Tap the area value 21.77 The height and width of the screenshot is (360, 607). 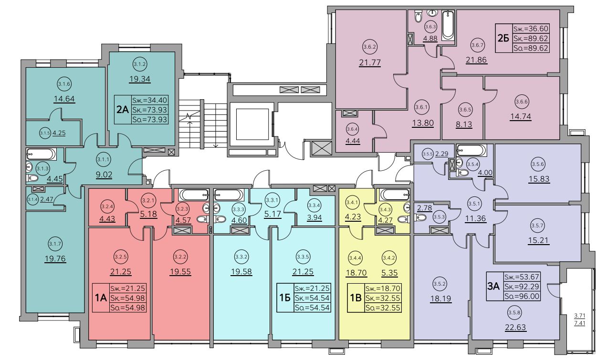click(370, 63)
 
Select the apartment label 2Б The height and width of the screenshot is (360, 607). click(502, 38)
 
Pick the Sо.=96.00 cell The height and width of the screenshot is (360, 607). click(523, 296)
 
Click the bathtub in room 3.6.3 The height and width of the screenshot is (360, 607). click(449, 26)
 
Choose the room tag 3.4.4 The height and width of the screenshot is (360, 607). click(354, 259)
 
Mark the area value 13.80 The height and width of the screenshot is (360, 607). click(422, 123)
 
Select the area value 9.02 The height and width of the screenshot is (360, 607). click(104, 174)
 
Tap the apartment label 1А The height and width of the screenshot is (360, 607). click(100, 298)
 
